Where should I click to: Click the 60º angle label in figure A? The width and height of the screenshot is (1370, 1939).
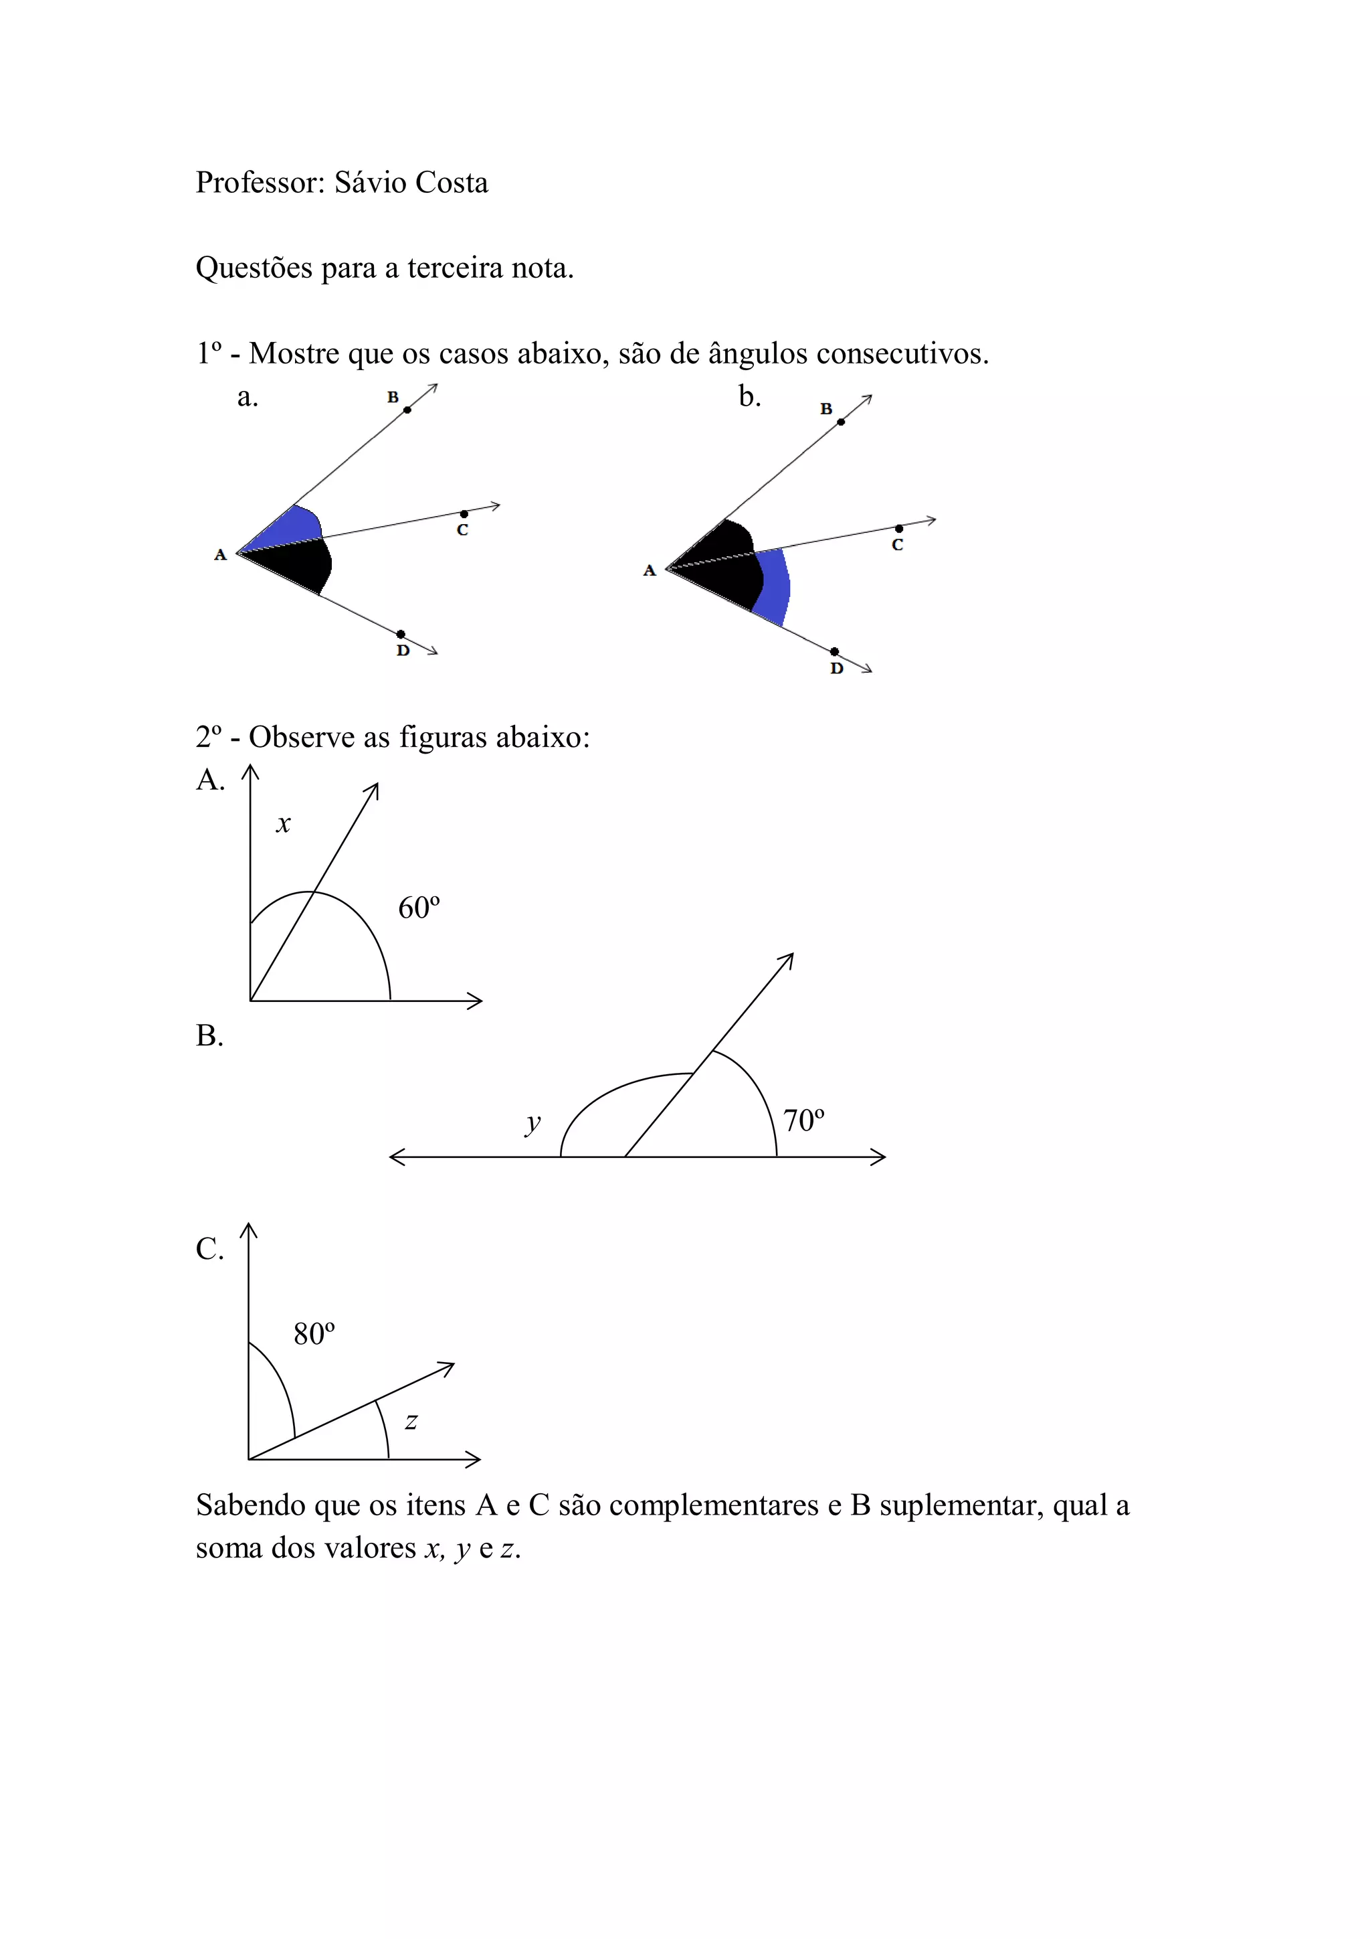(x=419, y=908)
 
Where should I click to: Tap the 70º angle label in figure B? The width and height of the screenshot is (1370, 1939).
(x=803, y=1120)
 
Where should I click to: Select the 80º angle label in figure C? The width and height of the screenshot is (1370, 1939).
(x=314, y=1335)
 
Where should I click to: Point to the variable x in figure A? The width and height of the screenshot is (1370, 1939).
(x=284, y=823)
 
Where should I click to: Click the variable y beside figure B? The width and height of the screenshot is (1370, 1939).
(x=532, y=1123)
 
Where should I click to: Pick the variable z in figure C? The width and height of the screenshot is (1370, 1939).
(x=411, y=1422)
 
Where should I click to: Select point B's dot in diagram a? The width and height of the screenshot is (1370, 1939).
(x=407, y=410)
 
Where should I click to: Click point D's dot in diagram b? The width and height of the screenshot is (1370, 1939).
(x=834, y=651)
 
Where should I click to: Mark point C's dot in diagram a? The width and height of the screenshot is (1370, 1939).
(x=464, y=513)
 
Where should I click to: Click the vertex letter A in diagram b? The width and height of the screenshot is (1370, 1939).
(x=649, y=571)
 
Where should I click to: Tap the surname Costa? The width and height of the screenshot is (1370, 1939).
(x=452, y=183)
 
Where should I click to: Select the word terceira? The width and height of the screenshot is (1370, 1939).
(x=456, y=268)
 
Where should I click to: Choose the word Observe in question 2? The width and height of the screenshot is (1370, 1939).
(x=301, y=738)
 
